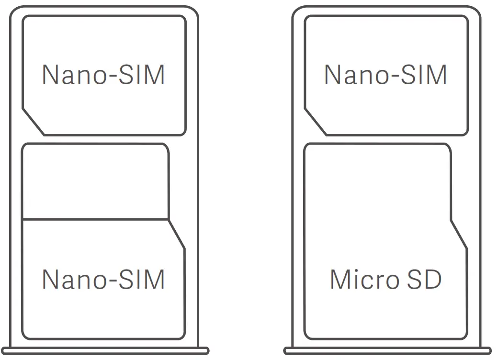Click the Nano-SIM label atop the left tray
(x=103, y=75)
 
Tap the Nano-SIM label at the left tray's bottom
(x=103, y=279)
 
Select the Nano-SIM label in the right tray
(x=385, y=75)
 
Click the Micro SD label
(x=385, y=279)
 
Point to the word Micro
(x=364, y=279)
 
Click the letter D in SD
(x=432, y=279)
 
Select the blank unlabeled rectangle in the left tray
(x=95, y=182)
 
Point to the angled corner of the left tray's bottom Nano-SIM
(x=177, y=235)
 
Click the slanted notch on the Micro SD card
(x=459, y=235)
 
